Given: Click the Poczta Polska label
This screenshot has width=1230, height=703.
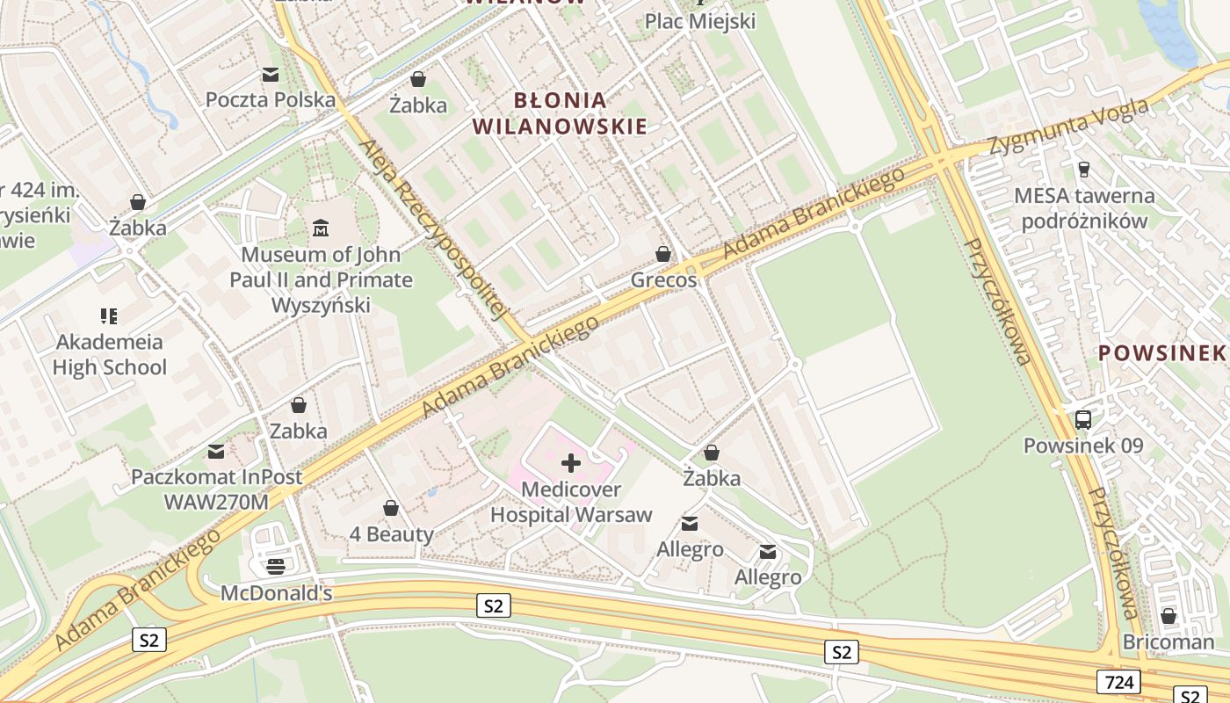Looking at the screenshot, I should coord(271,100).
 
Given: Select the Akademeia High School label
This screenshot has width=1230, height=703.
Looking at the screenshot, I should coord(109,354).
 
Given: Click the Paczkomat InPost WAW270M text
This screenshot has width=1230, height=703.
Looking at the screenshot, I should coord(216,489).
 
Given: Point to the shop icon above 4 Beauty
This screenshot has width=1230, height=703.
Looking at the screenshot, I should coord(391,509).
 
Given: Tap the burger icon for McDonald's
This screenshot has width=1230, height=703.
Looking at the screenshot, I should coord(276,567).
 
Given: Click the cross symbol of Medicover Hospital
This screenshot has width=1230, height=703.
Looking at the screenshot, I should coord(571,463).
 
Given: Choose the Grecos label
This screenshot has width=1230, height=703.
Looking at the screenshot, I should coord(663,280).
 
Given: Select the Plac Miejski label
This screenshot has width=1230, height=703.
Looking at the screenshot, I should coord(700,21).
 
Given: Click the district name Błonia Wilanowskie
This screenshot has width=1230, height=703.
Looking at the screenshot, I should coord(560,113).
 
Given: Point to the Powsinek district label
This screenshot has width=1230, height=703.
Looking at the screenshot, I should coord(1161,353).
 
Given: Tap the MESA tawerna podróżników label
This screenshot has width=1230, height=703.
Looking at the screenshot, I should coord(1084,208).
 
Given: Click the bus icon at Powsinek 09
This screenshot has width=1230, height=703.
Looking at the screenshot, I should coord(1083,420).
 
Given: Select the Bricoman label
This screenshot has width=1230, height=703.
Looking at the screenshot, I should coord(1168,642).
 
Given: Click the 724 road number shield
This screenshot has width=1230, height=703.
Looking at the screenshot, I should coord(1118,681).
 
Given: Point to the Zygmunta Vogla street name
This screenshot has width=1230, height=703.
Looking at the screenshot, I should coord(1068,127).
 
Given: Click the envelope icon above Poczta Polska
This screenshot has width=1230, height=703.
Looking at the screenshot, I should coord(271,76).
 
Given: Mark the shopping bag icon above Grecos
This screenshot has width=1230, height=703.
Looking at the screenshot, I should coord(663,255).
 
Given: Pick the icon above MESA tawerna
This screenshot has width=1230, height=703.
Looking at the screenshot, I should coord(1083,170).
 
